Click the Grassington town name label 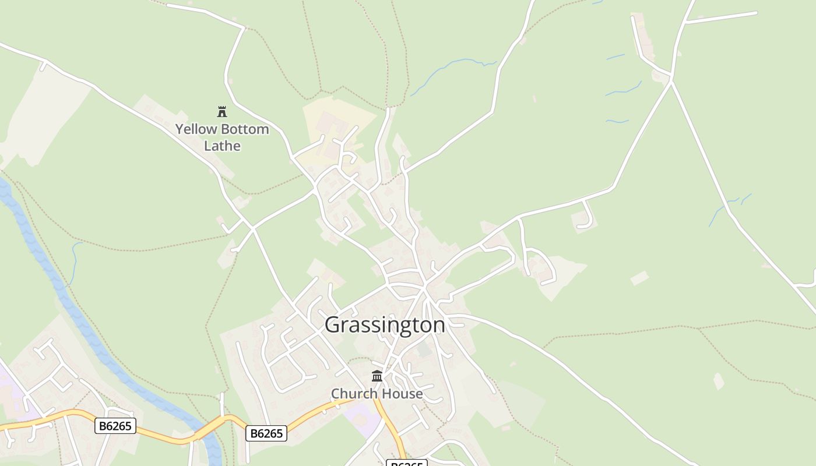[x=385, y=324]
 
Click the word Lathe [x=222, y=146]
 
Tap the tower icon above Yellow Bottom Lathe [x=222, y=111]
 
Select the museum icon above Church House [x=377, y=376]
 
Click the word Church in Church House [x=353, y=394]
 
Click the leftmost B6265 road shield [x=115, y=426]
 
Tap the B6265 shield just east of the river [x=266, y=433]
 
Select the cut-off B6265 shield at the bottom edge [x=406, y=464]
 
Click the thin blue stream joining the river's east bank [x=74, y=262]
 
